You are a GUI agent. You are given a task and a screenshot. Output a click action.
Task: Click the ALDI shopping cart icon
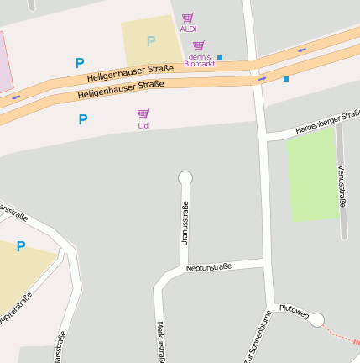click(187, 18)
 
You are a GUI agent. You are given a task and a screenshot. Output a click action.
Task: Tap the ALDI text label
click(188, 29)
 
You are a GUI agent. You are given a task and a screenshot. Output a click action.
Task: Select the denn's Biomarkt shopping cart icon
click(198, 45)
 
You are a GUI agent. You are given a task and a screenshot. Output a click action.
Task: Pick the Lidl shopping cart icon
click(143, 113)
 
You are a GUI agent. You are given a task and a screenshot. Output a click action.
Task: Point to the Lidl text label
click(144, 125)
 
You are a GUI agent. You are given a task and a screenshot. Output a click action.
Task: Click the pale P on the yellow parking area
click(151, 41)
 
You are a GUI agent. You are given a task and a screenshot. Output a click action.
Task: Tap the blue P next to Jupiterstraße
click(21, 246)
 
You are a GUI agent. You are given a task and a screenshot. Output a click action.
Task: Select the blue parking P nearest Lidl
click(82, 119)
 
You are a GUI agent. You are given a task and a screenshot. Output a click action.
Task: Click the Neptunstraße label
click(209, 267)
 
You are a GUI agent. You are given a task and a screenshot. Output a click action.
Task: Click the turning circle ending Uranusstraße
click(185, 177)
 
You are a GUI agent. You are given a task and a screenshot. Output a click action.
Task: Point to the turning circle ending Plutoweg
click(317, 319)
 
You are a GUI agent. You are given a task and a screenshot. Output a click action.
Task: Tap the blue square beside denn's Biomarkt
click(220, 57)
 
